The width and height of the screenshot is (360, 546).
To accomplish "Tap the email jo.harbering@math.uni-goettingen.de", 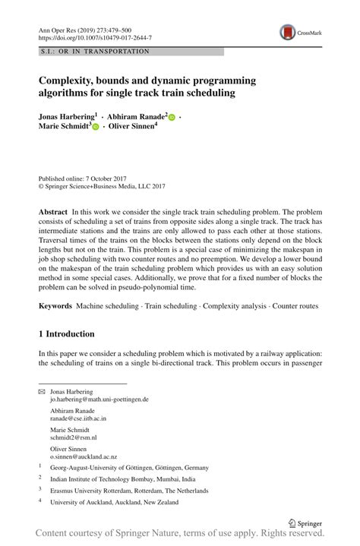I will (x=99, y=399).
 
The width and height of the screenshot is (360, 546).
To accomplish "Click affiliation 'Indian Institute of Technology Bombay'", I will (x=122, y=479).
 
